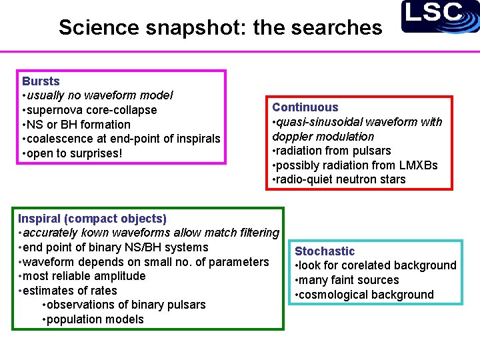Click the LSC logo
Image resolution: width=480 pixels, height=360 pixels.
440,17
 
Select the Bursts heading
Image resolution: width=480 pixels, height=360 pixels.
41,81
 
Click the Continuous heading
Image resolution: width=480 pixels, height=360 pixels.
305,107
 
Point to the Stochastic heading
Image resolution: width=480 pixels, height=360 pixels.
325,251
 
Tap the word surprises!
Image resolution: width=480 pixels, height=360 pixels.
95,154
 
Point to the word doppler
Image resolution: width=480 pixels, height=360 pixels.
293,137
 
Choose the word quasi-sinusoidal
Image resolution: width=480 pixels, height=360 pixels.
322,122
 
